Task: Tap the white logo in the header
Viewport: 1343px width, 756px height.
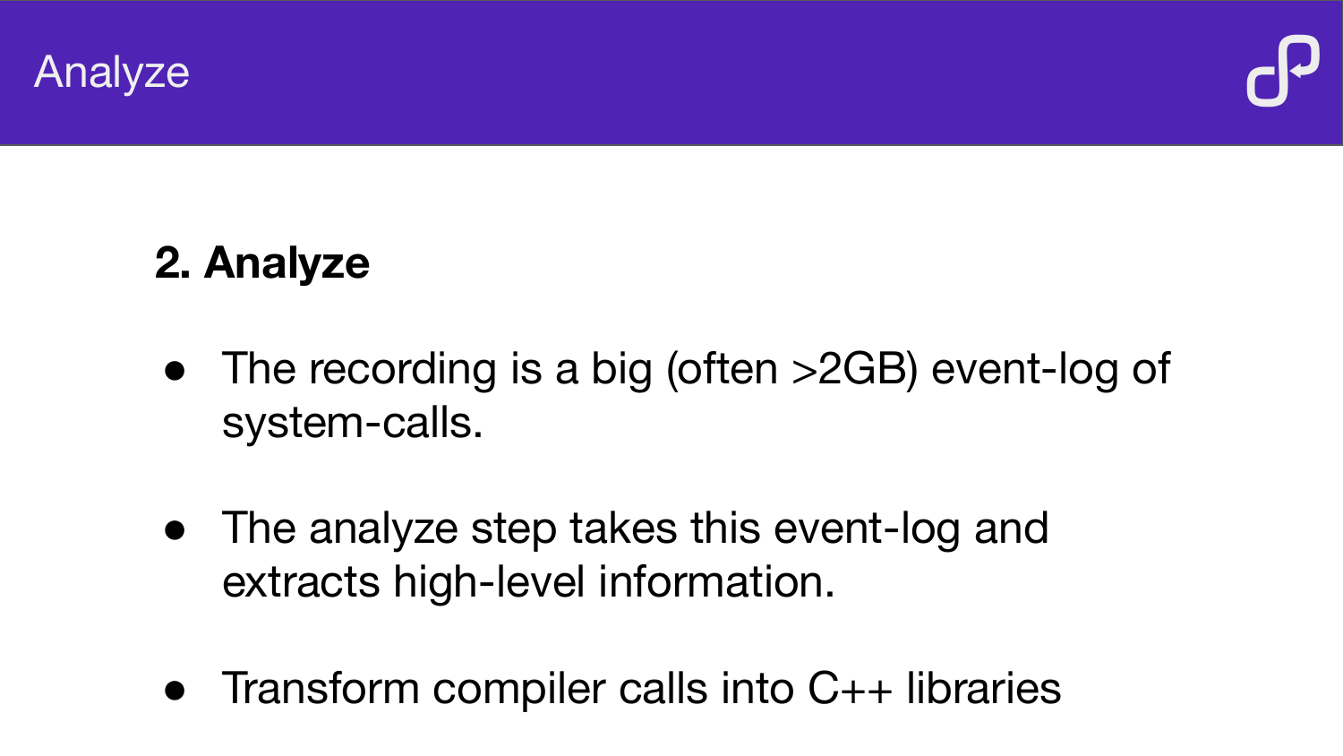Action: click(1283, 71)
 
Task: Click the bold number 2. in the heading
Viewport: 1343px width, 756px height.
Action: click(173, 262)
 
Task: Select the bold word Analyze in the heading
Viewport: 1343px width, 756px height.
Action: click(287, 264)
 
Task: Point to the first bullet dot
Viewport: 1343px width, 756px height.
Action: click(175, 371)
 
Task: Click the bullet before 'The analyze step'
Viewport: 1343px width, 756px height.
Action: click(175, 530)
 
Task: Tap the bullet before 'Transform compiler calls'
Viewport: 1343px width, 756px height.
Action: click(175, 690)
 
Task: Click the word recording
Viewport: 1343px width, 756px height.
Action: click(402, 370)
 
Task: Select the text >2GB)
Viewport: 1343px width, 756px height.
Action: click(854, 370)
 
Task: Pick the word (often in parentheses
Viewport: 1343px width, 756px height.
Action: click(722, 370)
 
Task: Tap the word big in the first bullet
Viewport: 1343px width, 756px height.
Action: click(621, 370)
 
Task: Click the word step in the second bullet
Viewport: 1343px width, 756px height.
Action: click(513, 530)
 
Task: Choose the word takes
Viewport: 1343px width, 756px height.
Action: click(623, 528)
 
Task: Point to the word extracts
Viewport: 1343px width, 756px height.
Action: click(301, 582)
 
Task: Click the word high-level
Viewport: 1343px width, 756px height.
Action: click(489, 582)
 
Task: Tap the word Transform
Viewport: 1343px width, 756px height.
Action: click(321, 688)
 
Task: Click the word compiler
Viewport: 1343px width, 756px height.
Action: click(518, 690)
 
